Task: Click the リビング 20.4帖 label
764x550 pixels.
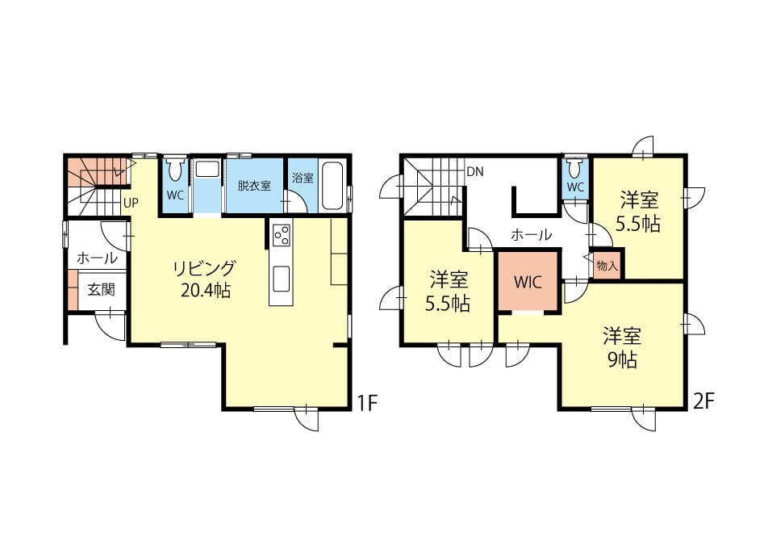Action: pos(205,279)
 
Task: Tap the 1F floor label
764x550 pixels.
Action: pos(367,403)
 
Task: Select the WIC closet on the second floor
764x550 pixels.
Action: pos(528,281)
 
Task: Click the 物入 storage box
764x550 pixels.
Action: pos(607,266)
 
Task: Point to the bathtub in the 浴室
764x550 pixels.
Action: pos(333,185)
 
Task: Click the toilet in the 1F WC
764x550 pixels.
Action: pos(175,169)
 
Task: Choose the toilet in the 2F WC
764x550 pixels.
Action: pos(575,167)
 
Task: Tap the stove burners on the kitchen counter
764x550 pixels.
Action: pos(282,236)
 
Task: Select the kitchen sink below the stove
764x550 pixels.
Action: pos(282,279)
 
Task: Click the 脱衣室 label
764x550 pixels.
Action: pos(254,186)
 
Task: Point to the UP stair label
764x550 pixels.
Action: pos(131,203)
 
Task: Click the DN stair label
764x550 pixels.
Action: pos(475,172)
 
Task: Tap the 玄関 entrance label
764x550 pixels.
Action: pos(102,290)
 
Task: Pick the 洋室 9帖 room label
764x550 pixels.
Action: pos(622,348)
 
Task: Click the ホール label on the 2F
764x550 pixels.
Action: pos(531,235)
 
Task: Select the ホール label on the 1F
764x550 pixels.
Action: pos(97,258)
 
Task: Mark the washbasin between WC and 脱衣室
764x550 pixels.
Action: pos(207,170)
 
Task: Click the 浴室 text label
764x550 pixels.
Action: pos(303,178)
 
